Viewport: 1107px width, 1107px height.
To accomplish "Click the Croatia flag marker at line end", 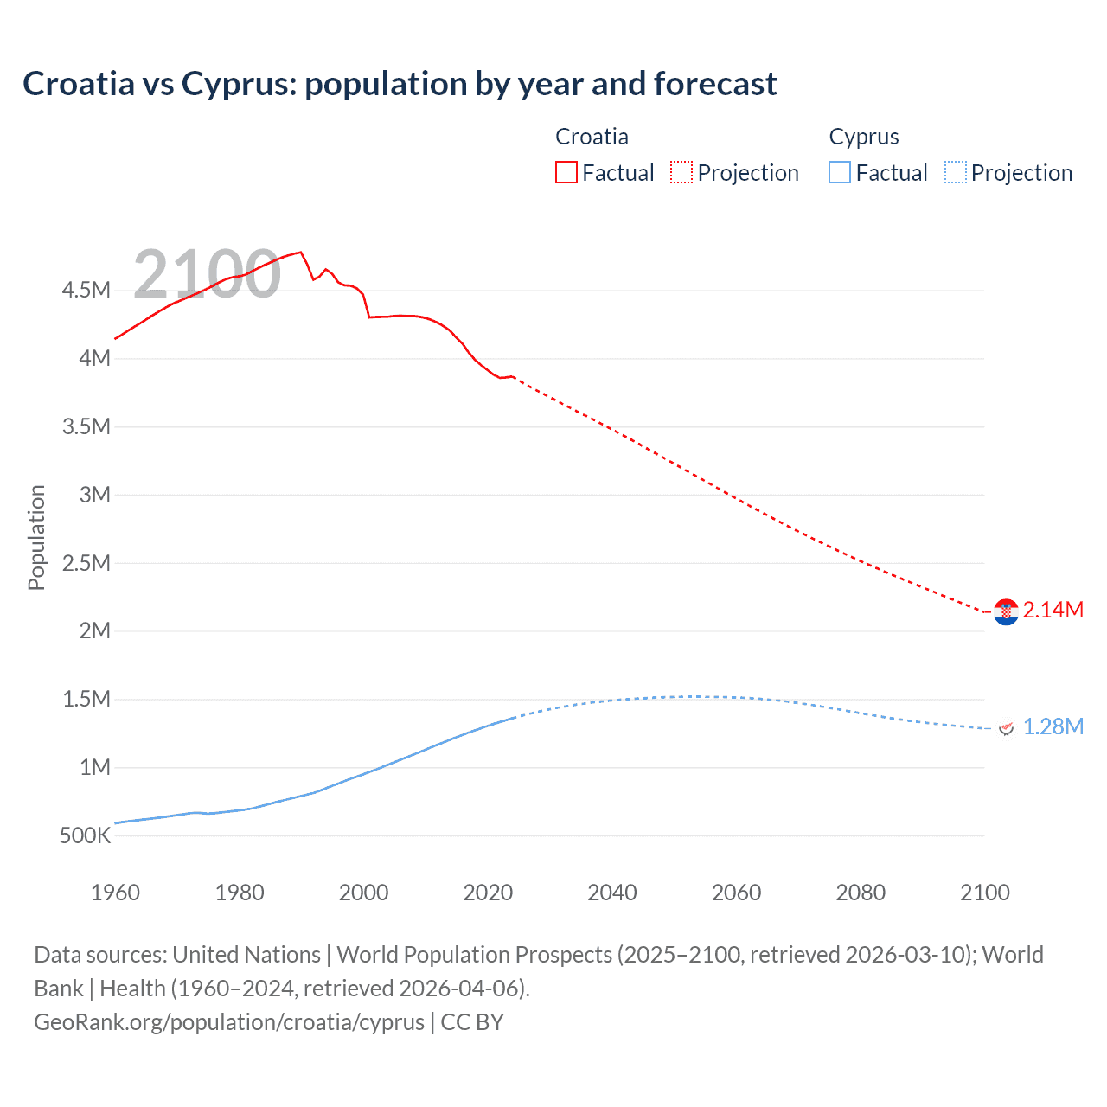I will pos(1006,612).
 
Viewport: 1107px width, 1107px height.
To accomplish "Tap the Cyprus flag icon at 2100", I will pos(1006,728).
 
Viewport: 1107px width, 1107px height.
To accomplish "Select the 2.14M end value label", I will pos(1053,610).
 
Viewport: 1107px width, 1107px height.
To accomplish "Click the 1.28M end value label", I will pos(1053,726).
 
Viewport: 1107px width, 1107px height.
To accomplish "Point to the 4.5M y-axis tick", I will pos(86,290).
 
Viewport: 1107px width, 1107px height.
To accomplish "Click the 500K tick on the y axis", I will pos(85,835).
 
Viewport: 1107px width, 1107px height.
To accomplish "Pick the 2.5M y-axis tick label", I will pos(86,563).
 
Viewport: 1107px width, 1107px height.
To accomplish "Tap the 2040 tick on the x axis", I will pos(612,893).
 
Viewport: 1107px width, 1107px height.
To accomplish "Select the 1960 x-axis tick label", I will pos(115,893).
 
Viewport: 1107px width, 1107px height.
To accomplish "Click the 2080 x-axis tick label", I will pos(861,893).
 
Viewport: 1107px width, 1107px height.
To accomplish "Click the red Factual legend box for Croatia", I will pos(566,172).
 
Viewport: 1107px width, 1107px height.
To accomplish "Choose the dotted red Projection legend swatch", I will pos(681,172).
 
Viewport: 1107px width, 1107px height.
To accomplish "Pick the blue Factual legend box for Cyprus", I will pos(840,172).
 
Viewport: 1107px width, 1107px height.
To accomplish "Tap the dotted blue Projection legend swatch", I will pos(955,172).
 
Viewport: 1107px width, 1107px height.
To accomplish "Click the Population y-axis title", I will pos(36,537).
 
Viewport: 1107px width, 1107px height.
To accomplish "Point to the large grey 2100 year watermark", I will pos(207,274).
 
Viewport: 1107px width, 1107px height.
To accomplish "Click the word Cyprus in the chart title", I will pos(238,84).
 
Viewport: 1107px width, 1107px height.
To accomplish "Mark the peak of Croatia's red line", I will pos(300,253).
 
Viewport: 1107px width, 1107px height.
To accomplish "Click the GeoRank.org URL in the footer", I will pos(229,1022).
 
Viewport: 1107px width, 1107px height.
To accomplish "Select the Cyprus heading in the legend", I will pos(863,137).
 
